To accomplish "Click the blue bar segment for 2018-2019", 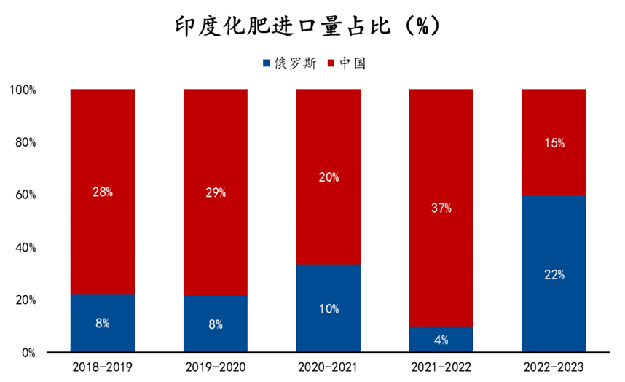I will click(x=103, y=324).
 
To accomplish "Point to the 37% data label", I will click(x=441, y=208).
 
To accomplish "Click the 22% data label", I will click(x=554, y=275).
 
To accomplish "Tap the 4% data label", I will click(x=441, y=340).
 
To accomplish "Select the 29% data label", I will click(x=216, y=192).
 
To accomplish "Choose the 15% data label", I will click(x=554, y=143).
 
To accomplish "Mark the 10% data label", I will click(x=328, y=308).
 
